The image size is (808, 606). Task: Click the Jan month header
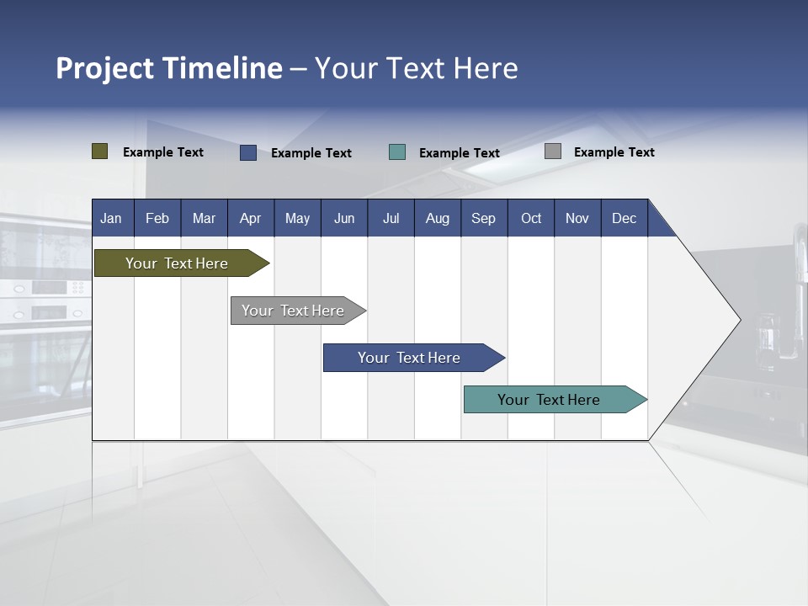pos(111,218)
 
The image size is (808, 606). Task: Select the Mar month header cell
pos(204,218)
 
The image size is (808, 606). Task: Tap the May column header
pos(297,218)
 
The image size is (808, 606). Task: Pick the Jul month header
pos(391,218)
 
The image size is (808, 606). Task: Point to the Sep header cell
pos(483,218)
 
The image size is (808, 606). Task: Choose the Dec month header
pos(624,218)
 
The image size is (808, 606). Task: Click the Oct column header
pos(531,218)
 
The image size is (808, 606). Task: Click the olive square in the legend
pos(100,151)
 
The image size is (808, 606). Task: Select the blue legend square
pos(248,152)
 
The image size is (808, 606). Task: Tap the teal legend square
pos(397,152)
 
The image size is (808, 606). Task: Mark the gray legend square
pos(553,151)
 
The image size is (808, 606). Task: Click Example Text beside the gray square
pos(614,152)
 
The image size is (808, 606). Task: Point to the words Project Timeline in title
pos(169,68)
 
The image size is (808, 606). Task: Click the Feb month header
pos(157,218)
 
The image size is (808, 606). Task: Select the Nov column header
pos(577,218)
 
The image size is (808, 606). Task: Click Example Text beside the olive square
pos(163,152)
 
